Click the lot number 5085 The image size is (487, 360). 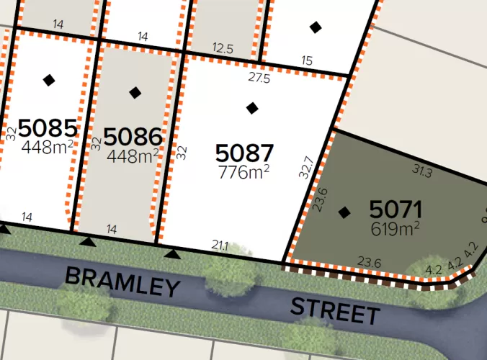pyautogui.click(x=48, y=129)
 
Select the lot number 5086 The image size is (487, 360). pyautogui.click(x=133, y=137)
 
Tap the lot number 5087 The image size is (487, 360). pyautogui.click(x=245, y=153)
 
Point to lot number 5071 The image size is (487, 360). pyautogui.click(x=395, y=210)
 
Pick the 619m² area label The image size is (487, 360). pyautogui.click(x=395, y=229)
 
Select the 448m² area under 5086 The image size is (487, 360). pyautogui.click(x=133, y=155)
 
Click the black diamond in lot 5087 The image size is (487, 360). pyautogui.click(x=251, y=108)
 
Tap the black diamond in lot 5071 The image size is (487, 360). pyautogui.click(x=344, y=212)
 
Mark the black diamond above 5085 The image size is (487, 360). pyautogui.click(x=48, y=80)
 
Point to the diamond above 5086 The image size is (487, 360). pyautogui.click(x=135, y=92)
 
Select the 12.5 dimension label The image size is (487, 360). pyautogui.click(x=223, y=48)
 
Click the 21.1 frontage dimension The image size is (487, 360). pyautogui.click(x=220, y=246)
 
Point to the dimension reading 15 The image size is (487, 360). pyautogui.click(x=308, y=61)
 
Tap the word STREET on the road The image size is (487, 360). pyautogui.click(x=335, y=310)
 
